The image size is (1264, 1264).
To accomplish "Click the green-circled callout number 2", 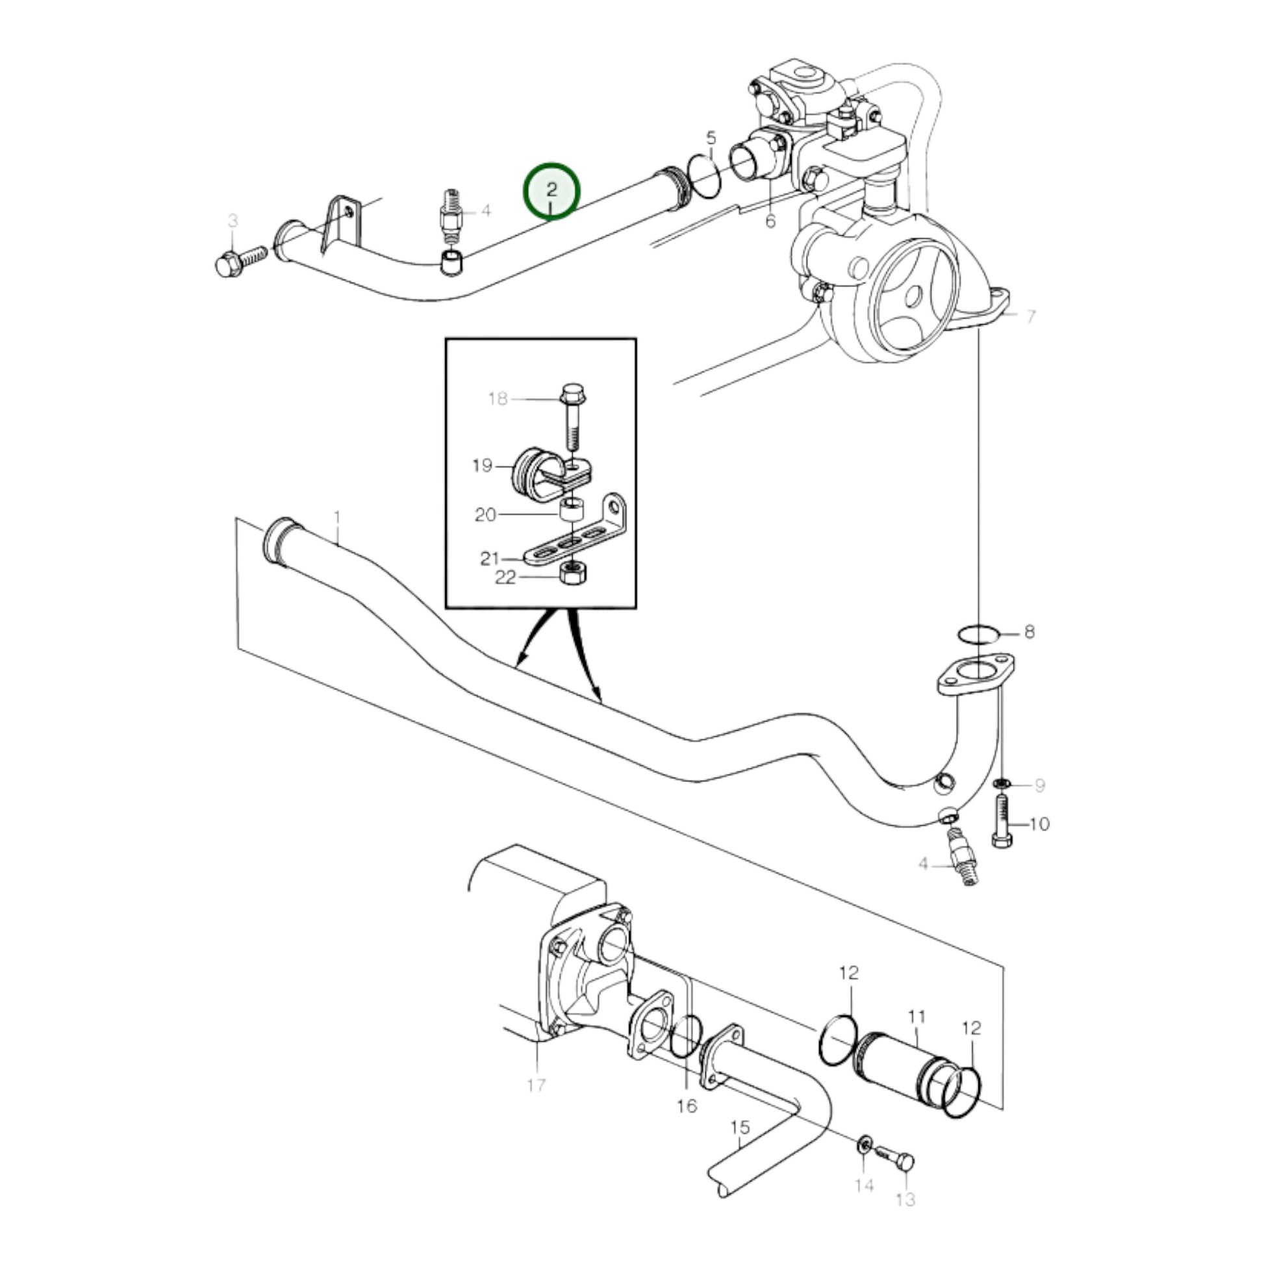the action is [x=551, y=190].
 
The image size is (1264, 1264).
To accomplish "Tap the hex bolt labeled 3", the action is [x=239, y=260].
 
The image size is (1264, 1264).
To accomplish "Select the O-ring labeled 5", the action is [x=705, y=175].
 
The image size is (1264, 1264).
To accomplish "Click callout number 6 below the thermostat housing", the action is [x=770, y=221].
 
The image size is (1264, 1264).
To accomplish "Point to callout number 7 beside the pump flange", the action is [x=1031, y=317].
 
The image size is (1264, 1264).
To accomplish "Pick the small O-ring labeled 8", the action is [x=978, y=634].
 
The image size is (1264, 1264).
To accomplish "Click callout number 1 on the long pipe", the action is [x=337, y=519].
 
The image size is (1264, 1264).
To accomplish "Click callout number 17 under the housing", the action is [x=536, y=1086].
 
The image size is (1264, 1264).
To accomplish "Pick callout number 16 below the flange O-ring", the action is [x=687, y=1106].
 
